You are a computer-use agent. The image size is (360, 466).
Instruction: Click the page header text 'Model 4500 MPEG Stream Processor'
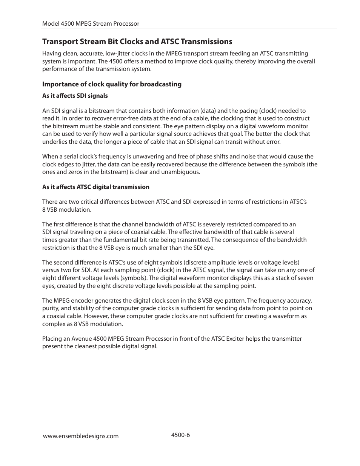(91, 23)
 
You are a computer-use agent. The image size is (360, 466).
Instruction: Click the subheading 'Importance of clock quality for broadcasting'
(112, 84)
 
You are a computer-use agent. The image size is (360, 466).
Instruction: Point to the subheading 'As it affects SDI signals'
(75, 96)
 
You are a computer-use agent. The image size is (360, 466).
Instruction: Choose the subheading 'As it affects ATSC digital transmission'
(95, 187)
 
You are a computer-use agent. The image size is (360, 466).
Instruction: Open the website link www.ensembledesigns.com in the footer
(80, 436)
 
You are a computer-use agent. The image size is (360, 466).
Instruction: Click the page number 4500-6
(180, 435)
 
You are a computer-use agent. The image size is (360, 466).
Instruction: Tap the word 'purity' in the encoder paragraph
(51, 309)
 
